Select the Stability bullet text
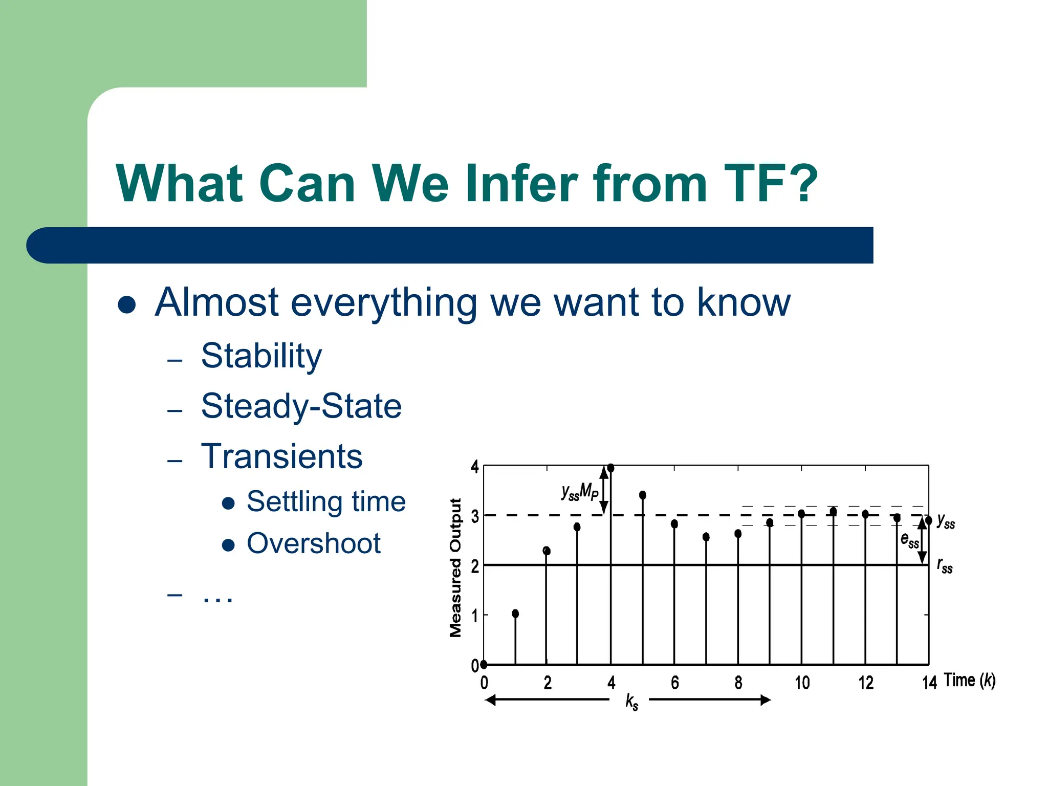[261, 356]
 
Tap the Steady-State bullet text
[301, 406]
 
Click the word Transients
[281, 456]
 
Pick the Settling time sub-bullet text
[326, 501]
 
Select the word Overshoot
[313, 543]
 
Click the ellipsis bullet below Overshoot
[217, 597]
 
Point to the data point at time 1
[515, 614]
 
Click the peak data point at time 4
[610, 468]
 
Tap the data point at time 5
[643, 495]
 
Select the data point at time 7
[706, 537]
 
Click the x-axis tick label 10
[802, 683]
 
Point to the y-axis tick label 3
[475, 516]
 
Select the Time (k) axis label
[969, 681]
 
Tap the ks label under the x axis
[631, 702]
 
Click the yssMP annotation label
[579, 492]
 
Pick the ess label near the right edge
[909, 540]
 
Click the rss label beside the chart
[945, 565]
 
